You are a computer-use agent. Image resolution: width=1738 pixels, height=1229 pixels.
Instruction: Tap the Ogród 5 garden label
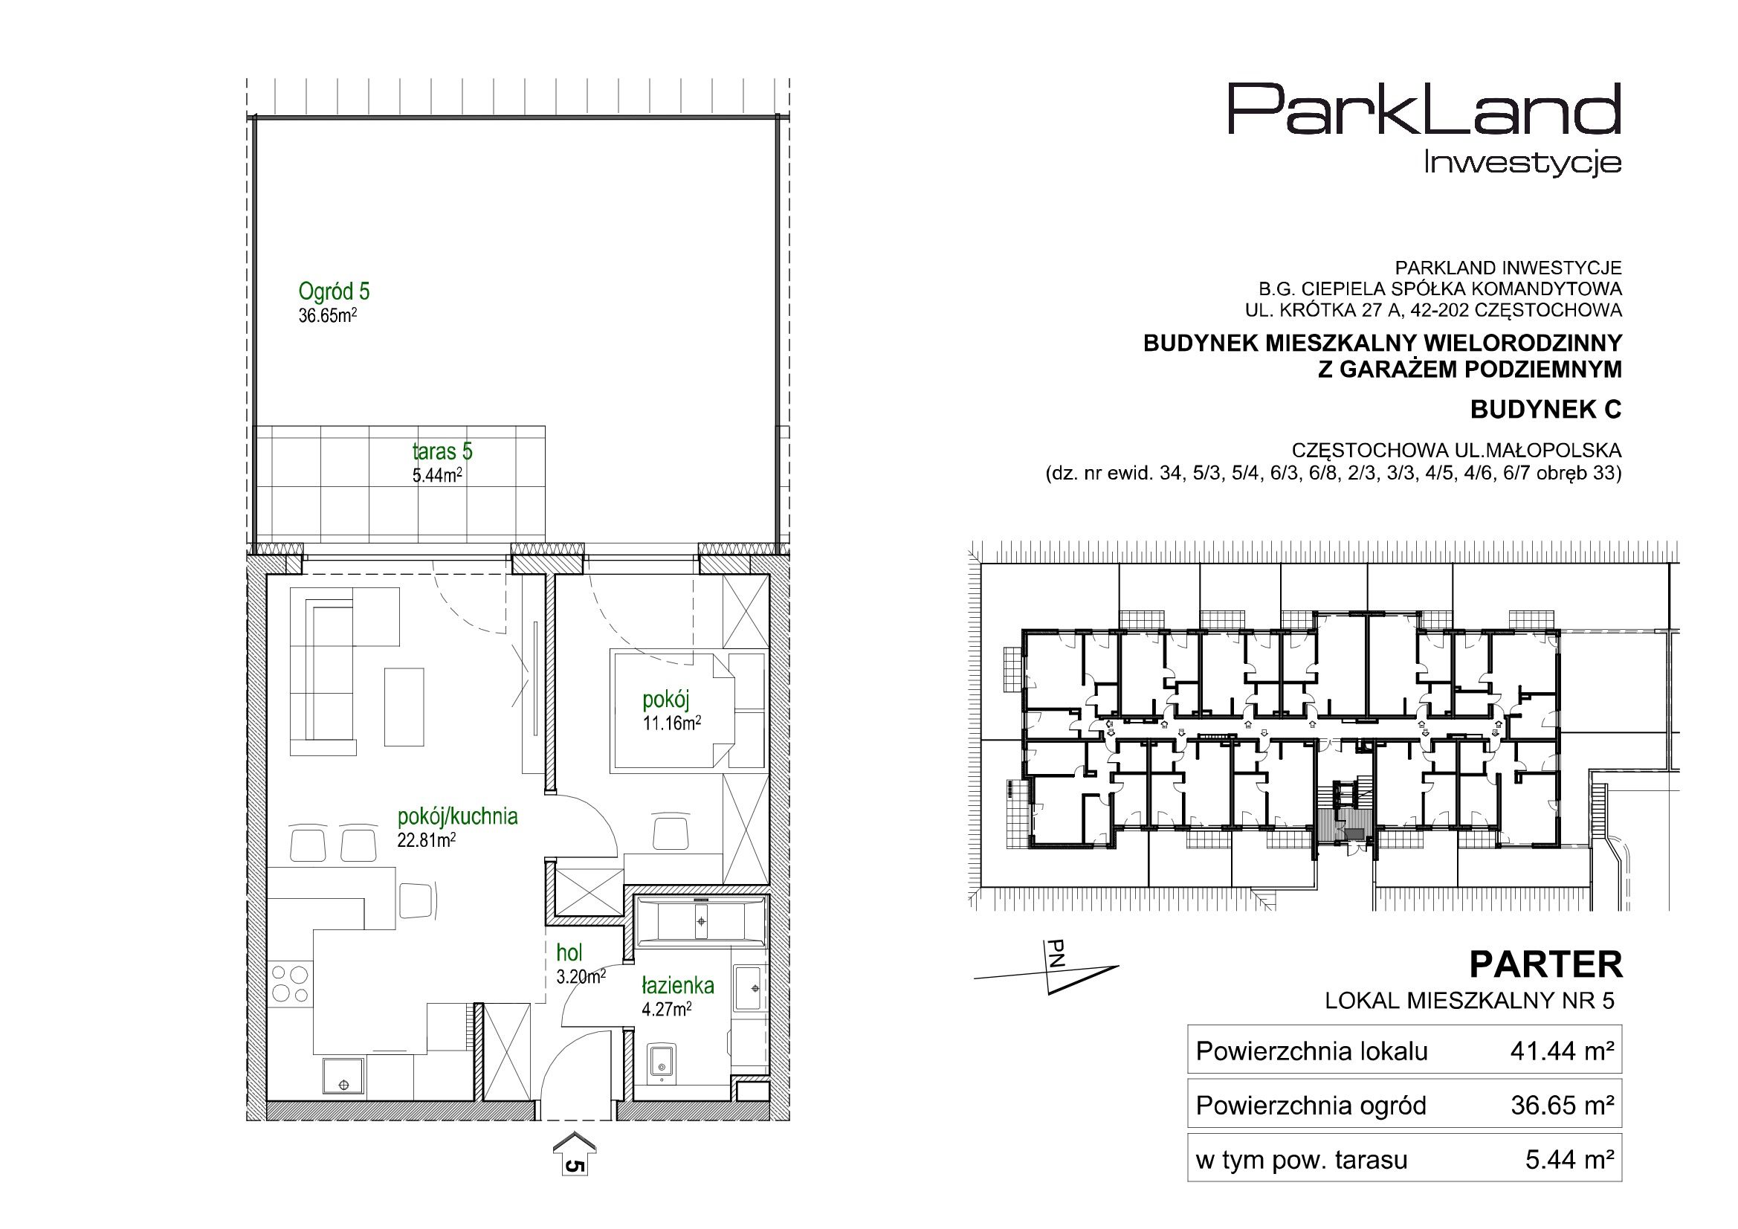(x=334, y=291)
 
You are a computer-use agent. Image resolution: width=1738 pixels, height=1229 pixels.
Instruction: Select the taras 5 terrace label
(x=442, y=451)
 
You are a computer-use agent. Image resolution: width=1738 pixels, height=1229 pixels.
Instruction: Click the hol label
(x=569, y=952)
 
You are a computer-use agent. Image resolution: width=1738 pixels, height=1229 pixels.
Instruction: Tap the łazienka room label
(x=677, y=985)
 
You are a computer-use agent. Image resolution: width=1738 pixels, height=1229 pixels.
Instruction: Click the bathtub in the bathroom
(x=702, y=921)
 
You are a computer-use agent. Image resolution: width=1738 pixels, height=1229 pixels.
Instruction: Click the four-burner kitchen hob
(x=290, y=983)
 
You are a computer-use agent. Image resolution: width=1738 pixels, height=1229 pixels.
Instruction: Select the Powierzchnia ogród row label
(x=1311, y=1106)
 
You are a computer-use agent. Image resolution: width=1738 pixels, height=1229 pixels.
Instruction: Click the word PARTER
(x=1545, y=965)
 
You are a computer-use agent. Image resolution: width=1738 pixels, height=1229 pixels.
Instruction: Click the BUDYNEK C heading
(x=1545, y=410)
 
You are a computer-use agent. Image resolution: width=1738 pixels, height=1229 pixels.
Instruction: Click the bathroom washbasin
(x=749, y=987)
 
